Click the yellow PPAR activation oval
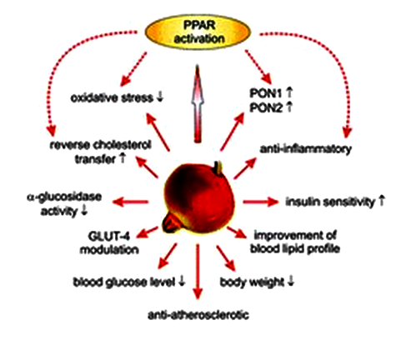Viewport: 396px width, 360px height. (x=198, y=32)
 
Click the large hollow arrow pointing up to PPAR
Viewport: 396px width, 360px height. (x=198, y=103)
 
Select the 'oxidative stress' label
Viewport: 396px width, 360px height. (x=112, y=98)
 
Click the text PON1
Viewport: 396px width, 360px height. (x=266, y=93)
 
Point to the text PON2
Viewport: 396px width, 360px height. (x=266, y=107)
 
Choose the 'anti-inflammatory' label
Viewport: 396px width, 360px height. (x=306, y=149)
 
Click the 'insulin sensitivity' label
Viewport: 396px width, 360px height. (x=330, y=202)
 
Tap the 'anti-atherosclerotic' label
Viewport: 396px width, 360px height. (x=198, y=315)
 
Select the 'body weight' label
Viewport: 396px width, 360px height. (x=252, y=282)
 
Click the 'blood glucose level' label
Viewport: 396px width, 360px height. (x=124, y=282)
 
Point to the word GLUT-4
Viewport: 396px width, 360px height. (x=109, y=236)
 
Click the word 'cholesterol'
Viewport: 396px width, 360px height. (x=123, y=145)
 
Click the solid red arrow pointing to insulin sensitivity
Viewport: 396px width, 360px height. (x=260, y=202)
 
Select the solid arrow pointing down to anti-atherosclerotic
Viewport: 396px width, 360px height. (x=198, y=272)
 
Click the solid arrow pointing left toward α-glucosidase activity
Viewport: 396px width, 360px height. (x=130, y=202)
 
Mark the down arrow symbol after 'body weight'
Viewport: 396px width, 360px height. (x=290, y=282)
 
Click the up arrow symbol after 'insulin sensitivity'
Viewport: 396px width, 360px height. (x=381, y=201)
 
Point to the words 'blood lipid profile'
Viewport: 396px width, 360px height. (x=295, y=249)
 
